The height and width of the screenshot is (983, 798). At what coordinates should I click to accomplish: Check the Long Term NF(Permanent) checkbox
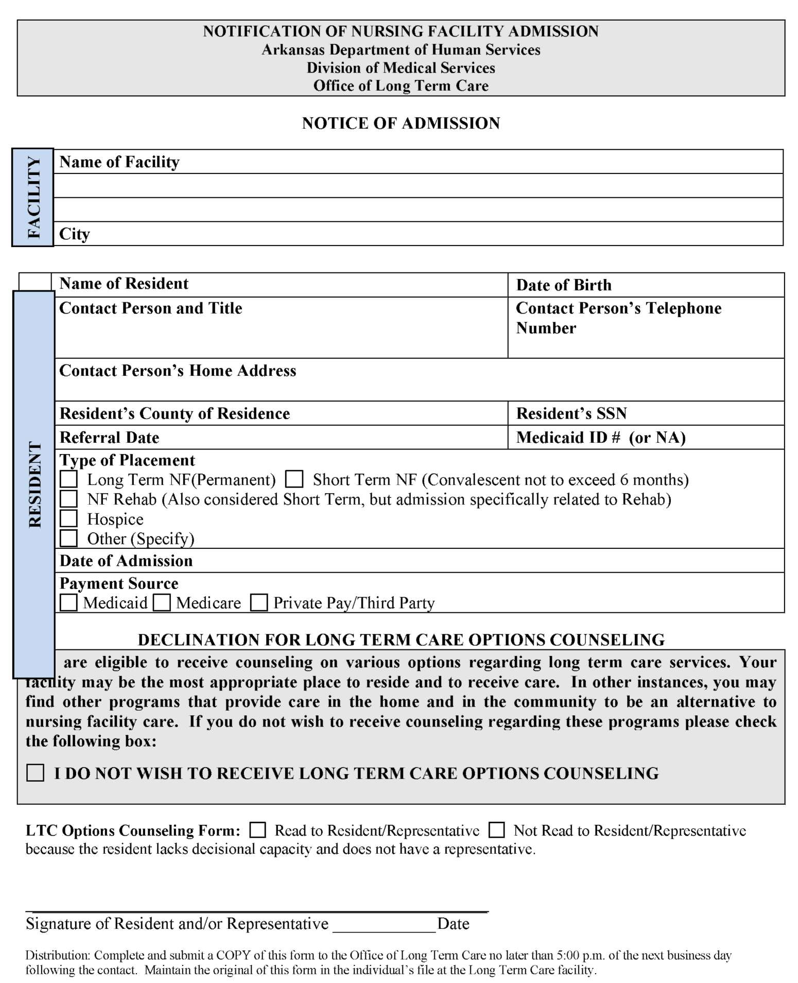click(68, 479)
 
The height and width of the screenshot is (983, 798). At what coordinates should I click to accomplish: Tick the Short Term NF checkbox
click(294, 479)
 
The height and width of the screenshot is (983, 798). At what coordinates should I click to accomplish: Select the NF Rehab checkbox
click(68, 498)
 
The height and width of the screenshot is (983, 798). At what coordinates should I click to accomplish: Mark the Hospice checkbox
click(68, 518)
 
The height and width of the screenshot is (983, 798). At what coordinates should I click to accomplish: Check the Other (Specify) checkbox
click(68, 538)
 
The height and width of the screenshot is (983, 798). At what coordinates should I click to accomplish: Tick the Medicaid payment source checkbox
click(68, 602)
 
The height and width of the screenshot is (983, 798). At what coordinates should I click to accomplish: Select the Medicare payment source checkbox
click(162, 602)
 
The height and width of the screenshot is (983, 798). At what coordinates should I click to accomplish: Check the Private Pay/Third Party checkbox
click(258, 602)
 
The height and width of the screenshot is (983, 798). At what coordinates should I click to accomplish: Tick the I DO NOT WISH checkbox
click(35, 772)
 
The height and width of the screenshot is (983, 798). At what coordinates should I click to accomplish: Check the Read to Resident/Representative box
click(257, 830)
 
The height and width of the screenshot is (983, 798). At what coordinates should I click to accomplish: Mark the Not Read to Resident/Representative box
click(496, 830)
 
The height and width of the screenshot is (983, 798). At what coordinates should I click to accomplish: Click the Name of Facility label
click(119, 162)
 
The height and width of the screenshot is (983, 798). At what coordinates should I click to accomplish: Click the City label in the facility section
click(75, 234)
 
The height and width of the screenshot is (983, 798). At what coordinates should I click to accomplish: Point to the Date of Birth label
click(564, 285)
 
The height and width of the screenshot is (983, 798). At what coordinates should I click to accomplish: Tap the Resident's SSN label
click(571, 413)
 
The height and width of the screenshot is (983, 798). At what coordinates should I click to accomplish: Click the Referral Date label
click(109, 437)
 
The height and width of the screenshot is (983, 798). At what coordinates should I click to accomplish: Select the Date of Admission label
click(126, 560)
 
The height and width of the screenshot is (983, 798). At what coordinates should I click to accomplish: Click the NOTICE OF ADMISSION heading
click(401, 123)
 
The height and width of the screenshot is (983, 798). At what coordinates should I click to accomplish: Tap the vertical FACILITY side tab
click(33, 197)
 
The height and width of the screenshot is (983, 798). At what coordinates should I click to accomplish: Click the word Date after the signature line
click(453, 924)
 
